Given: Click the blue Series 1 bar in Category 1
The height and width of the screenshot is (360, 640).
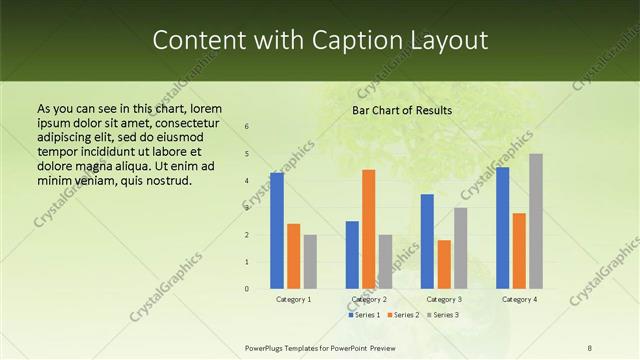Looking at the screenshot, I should tap(277, 231).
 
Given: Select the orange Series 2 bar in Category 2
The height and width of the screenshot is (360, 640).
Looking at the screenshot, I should tap(368, 229).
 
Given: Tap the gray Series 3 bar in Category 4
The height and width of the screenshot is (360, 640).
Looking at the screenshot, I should tap(536, 221).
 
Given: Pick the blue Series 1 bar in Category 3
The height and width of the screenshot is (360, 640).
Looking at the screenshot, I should tap(427, 241).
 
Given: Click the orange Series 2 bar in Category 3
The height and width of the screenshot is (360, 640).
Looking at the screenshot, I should tap(444, 264).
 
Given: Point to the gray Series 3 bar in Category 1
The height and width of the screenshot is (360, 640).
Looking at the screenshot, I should tap(310, 262).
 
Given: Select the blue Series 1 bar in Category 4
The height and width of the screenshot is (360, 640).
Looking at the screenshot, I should tap(502, 228).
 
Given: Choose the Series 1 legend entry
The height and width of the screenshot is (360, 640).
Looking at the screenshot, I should tap(365, 315).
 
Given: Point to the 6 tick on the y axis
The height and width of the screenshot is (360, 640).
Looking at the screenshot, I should tap(247, 127).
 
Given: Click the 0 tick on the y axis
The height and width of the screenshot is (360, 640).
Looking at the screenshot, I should tap(247, 289).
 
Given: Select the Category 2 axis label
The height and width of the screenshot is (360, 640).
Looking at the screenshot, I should tap(369, 299).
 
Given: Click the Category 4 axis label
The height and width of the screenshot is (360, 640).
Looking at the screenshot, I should tap(519, 299).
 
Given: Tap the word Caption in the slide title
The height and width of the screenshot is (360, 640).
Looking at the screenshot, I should tap(344, 40).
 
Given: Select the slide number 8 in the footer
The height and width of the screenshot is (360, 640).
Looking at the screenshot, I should tap(590, 348).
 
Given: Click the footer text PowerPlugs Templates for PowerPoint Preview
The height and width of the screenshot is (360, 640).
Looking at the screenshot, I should tap(320, 348).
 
